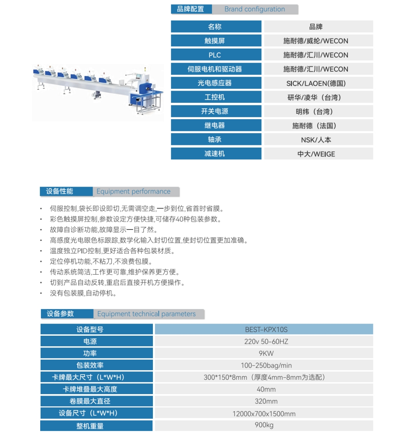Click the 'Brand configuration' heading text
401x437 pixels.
click(255, 9)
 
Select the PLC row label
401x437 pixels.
click(215, 55)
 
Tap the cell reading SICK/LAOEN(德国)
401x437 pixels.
click(316, 83)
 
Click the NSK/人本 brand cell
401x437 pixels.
click(316, 140)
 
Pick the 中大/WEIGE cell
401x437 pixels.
click(316, 154)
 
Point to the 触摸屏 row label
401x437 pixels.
click(215, 41)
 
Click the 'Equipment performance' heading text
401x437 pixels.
click(134, 192)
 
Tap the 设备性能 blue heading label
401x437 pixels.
click(60, 192)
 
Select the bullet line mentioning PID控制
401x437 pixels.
click(112, 251)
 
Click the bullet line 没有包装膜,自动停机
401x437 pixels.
click(83, 293)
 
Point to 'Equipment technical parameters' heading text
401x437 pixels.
click(146, 314)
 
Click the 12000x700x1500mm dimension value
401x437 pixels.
click(264, 414)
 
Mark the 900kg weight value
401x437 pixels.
click(264, 425)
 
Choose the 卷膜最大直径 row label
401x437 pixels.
click(90, 401)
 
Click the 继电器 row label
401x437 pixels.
click(215, 126)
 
